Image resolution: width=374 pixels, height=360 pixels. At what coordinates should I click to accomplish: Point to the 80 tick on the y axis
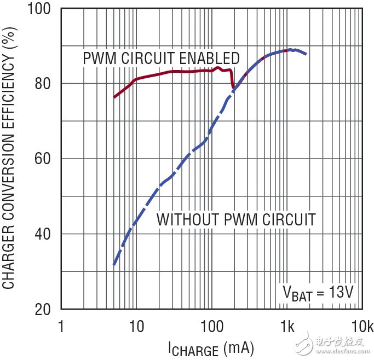pos(44,84)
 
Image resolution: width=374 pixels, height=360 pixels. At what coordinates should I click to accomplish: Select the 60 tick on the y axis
pos(44,159)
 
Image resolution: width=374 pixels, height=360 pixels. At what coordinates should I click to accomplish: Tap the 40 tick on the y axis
pos(44,234)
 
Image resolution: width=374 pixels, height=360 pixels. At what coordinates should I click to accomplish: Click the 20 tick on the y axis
pos(44,309)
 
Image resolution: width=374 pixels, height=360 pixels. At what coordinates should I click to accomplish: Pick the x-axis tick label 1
pos(61,327)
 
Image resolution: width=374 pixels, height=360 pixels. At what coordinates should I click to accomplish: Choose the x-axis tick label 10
pos(136,327)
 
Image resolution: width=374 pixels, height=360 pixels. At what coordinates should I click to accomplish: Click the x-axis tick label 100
pos(211,327)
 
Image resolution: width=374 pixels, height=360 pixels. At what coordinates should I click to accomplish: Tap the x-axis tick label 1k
pos(286,327)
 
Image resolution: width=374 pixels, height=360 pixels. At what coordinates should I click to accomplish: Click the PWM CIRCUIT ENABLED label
pos(161,58)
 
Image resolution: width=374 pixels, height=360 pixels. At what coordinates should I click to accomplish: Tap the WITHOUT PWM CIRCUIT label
pos(236,220)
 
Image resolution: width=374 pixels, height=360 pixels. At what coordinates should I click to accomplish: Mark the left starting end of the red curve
pos(114,97)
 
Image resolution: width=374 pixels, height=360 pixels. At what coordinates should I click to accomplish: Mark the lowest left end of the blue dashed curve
pos(113,265)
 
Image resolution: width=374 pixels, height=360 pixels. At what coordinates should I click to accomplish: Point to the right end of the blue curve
pos(306,54)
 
